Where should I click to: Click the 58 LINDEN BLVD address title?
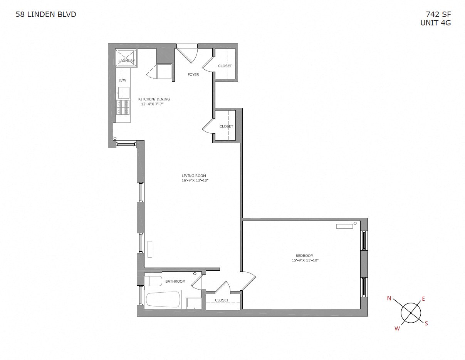pyautogui.click(x=46, y=15)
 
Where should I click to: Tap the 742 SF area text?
pyautogui.click(x=438, y=15)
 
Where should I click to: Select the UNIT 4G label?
pyautogui.click(x=435, y=23)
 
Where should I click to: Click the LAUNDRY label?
pyautogui.click(x=126, y=61)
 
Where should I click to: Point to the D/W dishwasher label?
pyautogui.click(x=123, y=80)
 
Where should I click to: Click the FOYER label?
pyautogui.click(x=193, y=74)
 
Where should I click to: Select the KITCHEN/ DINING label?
pyautogui.click(x=154, y=99)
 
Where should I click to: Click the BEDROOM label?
pyautogui.click(x=304, y=256)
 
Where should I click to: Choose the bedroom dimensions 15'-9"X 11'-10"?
pyautogui.click(x=305, y=260)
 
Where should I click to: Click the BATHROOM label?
pyautogui.click(x=175, y=281)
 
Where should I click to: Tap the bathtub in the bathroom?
pyautogui.click(x=163, y=299)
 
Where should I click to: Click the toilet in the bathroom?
pyautogui.click(x=153, y=281)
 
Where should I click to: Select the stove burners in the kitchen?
pyautogui.click(x=123, y=107)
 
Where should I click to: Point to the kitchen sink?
pyautogui.click(x=124, y=92)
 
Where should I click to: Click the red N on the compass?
pyautogui.click(x=389, y=298)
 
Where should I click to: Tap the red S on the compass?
pyautogui.click(x=426, y=323)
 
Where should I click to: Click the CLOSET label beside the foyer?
pyautogui.click(x=225, y=66)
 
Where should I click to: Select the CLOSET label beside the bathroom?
pyautogui.click(x=222, y=300)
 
